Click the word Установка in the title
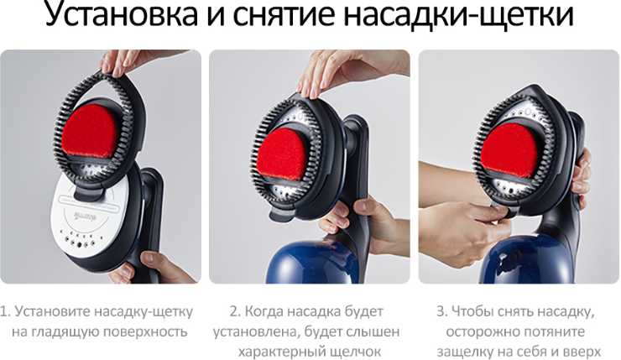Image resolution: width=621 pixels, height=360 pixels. pyautogui.click(x=121, y=13)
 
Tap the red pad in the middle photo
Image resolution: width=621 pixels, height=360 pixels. pyautogui.click(x=282, y=154)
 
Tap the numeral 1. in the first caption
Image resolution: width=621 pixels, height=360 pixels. pyautogui.click(x=6, y=311)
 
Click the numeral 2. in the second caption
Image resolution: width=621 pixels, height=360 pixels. pyautogui.click(x=235, y=311)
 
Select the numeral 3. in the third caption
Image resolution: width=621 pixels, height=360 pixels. pyautogui.click(x=442, y=311)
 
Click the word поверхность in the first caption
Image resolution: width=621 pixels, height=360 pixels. pyautogui.click(x=144, y=331)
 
